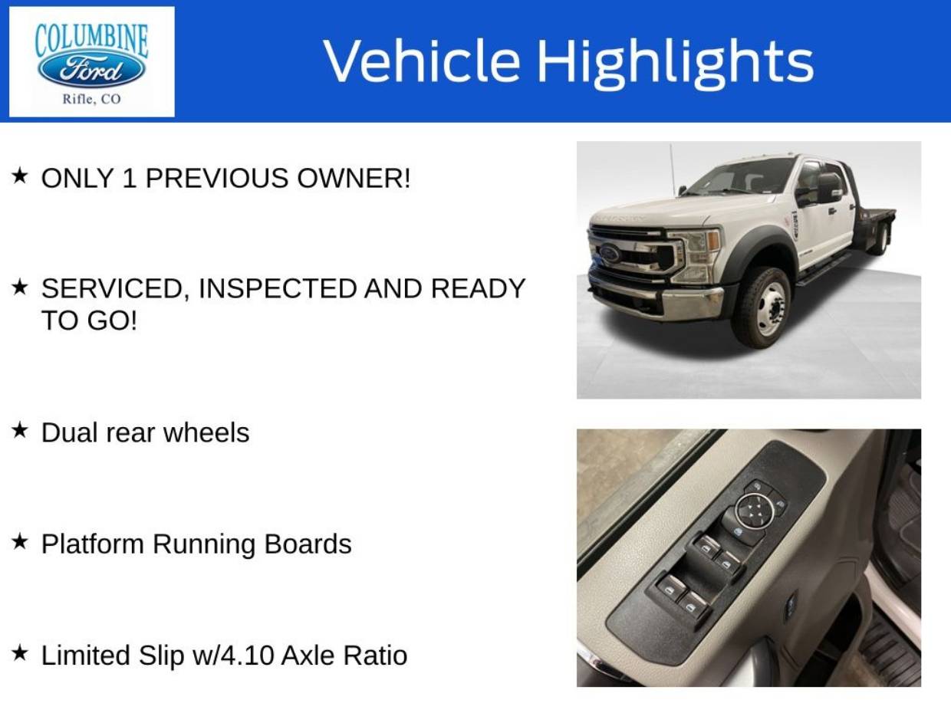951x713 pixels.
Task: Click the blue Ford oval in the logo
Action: pos(91,71)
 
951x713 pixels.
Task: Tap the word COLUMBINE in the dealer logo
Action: pos(91,41)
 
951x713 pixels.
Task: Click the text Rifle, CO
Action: pos(92,100)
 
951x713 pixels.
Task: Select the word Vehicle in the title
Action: pos(422,61)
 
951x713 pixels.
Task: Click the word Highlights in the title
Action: pos(676,63)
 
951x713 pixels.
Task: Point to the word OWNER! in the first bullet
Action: pos(354,178)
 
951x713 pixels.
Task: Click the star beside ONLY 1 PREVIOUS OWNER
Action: pos(19,176)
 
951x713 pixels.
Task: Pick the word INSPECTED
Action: pos(278,289)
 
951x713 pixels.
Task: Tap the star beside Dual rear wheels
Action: pos(19,430)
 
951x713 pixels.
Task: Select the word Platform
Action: pos(93,544)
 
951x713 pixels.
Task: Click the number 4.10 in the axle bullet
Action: pos(247,655)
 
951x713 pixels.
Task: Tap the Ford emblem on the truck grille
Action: pos(609,253)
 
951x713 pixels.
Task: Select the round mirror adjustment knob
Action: pos(755,510)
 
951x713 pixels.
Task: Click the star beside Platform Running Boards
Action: pos(19,542)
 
